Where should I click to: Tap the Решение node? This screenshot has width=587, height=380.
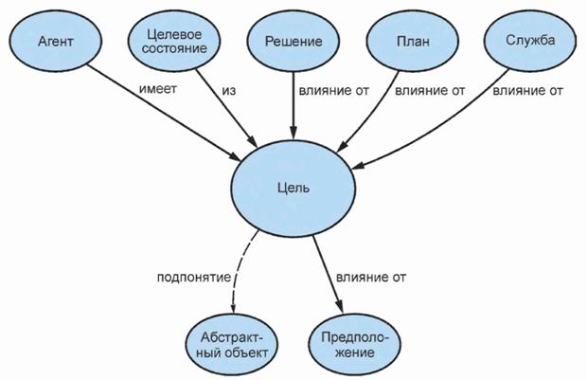coord(292,43)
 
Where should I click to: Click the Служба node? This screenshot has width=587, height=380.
coord(530,43)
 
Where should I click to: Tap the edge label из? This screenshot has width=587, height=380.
coord(230,90)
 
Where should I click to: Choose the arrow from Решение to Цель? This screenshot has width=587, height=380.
coord(293,104)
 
